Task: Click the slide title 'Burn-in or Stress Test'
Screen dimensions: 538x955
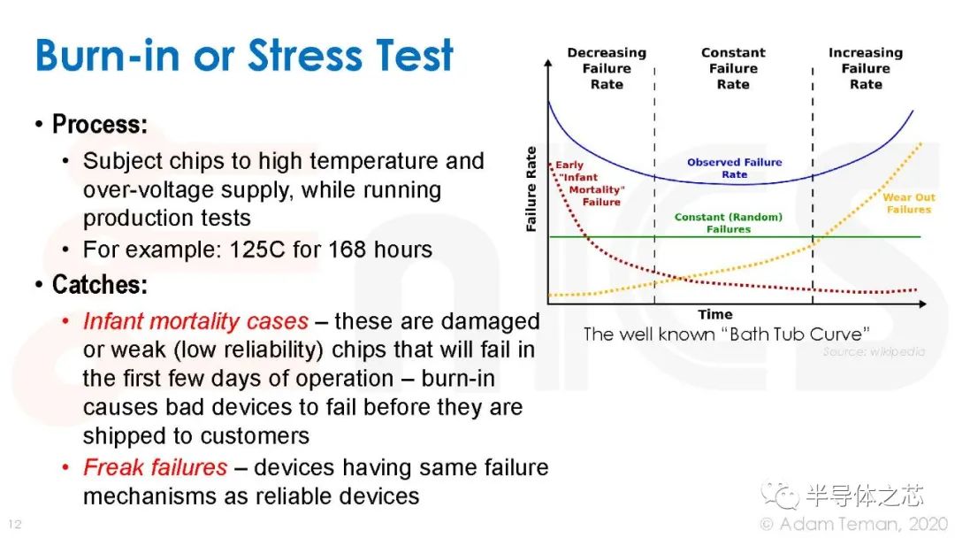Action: point(244,55)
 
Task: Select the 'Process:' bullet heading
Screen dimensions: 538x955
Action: point(99,125)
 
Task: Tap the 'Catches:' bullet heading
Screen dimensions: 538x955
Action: point(99,285)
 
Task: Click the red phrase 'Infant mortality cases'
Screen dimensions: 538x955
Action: point(195,320)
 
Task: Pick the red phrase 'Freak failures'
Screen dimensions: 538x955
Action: point(155,466)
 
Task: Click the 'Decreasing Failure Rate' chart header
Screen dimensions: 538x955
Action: point(607,69)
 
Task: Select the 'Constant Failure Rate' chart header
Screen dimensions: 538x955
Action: point(733,69)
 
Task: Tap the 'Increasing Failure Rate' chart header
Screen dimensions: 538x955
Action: point(866,69)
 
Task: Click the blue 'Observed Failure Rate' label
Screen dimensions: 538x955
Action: point(734,168)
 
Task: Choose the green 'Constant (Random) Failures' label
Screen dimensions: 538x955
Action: point(728,223)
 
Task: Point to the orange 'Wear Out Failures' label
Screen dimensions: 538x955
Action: point(908,204)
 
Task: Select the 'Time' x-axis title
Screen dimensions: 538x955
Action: point(714,314)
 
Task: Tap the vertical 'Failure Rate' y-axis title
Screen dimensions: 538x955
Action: point(531,189)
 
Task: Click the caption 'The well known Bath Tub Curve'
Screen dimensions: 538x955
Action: point(726,334)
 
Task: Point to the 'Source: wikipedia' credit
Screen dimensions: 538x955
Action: point(873,351)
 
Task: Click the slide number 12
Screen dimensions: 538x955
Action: point(13,524)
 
